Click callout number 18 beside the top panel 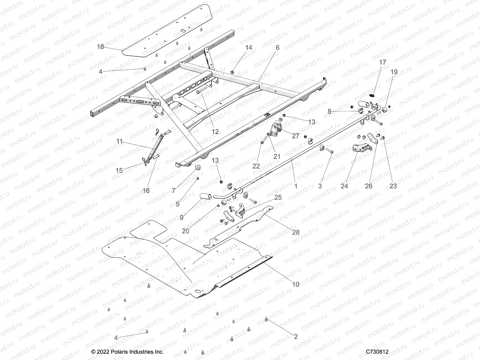(100, 46)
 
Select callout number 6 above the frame (277, 47)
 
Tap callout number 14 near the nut (249, 47)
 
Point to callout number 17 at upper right (383, 62)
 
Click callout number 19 (394, 72)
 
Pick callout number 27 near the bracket (295, 136)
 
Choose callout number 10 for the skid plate (296, 284)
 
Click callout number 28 (296, 232)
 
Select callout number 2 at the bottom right (296, 337)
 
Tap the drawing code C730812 (377, 352)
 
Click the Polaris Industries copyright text (127, 352)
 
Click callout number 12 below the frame (215, 131)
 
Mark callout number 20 (186, 231)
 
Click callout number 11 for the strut (120, 141)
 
